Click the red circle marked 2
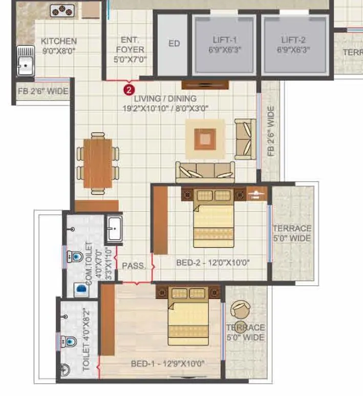pyautogui.click(x=127, y=90)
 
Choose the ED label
pyautogui.click(x=174, y=43)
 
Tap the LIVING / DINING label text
pyautogui.click(x=165, y=103)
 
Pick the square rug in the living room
pyautogui.click(x=205, y=139)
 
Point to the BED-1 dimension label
pyautogui.click(x=167, y=364)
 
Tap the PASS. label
pyautogui.click(x=133, y=266)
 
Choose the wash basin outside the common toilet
pyautogui.click(x=114, y=228)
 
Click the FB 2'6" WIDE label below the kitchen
pyautogui.click(x=43, y=92)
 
